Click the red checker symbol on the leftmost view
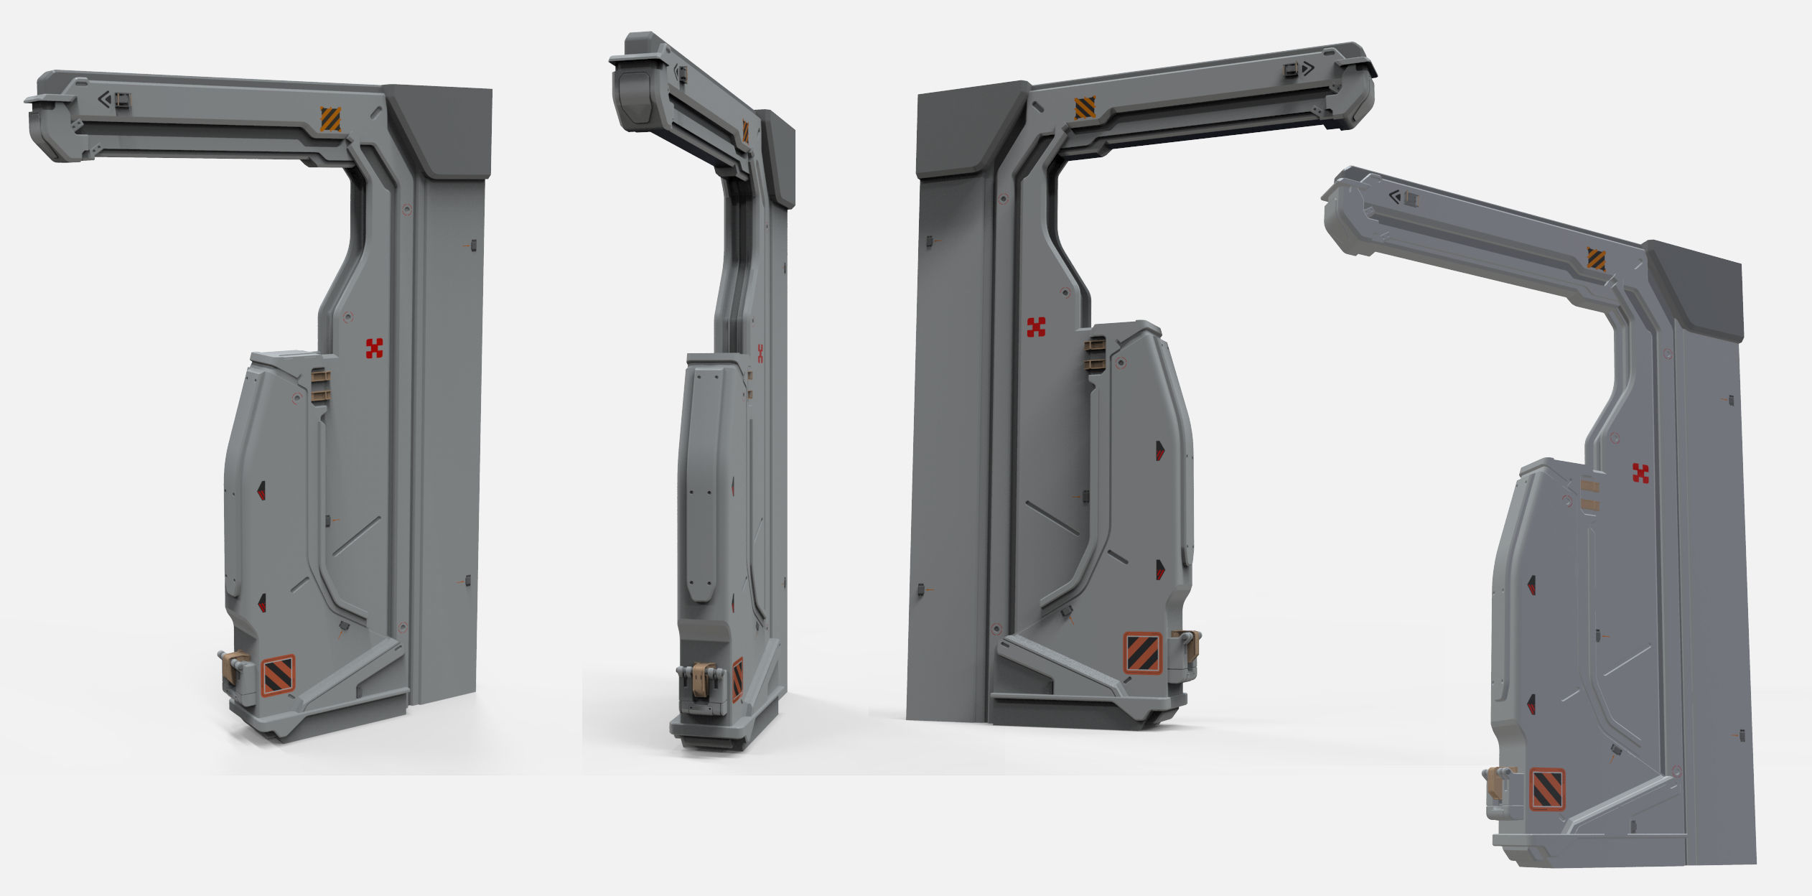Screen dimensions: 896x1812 coord(374,348)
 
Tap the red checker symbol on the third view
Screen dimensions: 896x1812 coord(1036,327)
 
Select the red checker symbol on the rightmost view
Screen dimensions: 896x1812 coord(1641,473)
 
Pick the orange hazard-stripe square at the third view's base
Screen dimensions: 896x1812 coord(1142,653)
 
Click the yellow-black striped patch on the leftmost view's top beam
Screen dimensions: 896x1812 coord(330,119)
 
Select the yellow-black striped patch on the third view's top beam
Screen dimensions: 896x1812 coord(1085,108)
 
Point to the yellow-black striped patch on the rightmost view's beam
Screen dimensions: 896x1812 coord(1596,259)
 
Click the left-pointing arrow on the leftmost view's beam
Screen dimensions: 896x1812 coord(106,99)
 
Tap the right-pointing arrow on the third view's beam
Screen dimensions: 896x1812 coord(1308,69)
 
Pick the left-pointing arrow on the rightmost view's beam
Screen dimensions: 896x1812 coord(1395,196)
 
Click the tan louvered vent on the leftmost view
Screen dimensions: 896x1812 coord(320,386)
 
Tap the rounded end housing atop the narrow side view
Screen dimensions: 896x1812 coord(635,93)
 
